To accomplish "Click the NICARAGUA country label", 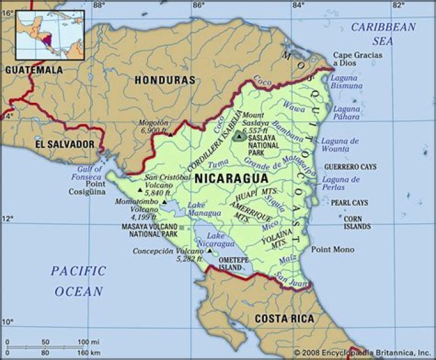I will click(231, 178).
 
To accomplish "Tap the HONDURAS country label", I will click(165, 80).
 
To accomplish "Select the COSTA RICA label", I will click(284, 318).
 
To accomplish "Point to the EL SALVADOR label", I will click(65, 145).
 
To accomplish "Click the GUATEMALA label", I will click(34, 70).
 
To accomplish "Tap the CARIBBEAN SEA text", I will click(384, 34).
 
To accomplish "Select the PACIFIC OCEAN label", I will click(79, 281).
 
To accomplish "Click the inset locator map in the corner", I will click(50, 35).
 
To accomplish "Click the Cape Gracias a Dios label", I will click(357, 59).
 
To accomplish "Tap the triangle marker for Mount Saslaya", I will click(240, 137).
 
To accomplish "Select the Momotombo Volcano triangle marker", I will click(164, 202).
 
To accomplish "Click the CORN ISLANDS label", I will click(357, 222).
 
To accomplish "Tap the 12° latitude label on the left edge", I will click(7, 218).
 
